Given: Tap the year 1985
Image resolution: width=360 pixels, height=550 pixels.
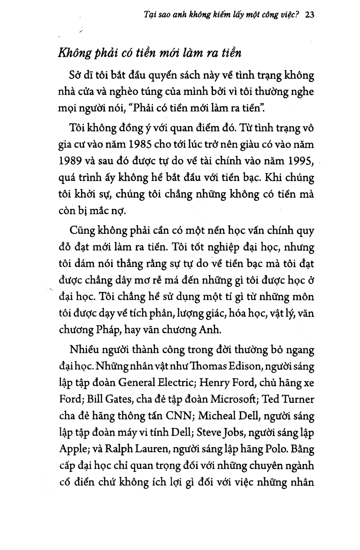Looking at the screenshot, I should [141, 145].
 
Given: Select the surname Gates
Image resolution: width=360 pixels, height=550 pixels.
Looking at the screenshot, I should [115, 400].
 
